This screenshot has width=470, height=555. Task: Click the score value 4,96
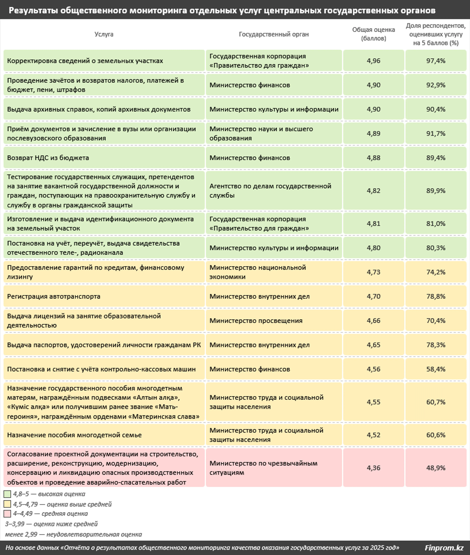tap(373, 61)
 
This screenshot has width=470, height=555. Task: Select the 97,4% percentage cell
tap(436, 61)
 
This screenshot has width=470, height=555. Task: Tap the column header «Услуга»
tap(104, 34)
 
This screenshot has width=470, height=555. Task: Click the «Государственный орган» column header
tap(274, 34)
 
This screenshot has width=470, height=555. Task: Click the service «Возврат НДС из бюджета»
tap(48, 158)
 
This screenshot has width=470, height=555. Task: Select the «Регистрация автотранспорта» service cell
tap(54, 296)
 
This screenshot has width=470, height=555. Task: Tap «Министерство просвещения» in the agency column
tap(256, 320)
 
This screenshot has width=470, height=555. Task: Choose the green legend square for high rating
tap(7, 494)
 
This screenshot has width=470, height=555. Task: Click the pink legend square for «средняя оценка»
tap(7, 514)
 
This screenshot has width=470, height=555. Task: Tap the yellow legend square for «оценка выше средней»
tap(7, 504)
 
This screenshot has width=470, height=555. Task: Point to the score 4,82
tap(373, 190)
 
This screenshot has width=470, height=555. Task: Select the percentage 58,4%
tap(436, 369)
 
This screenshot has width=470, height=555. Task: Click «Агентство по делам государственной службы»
tap(270, 190)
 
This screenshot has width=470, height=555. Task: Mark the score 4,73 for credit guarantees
tap(373, 272)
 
